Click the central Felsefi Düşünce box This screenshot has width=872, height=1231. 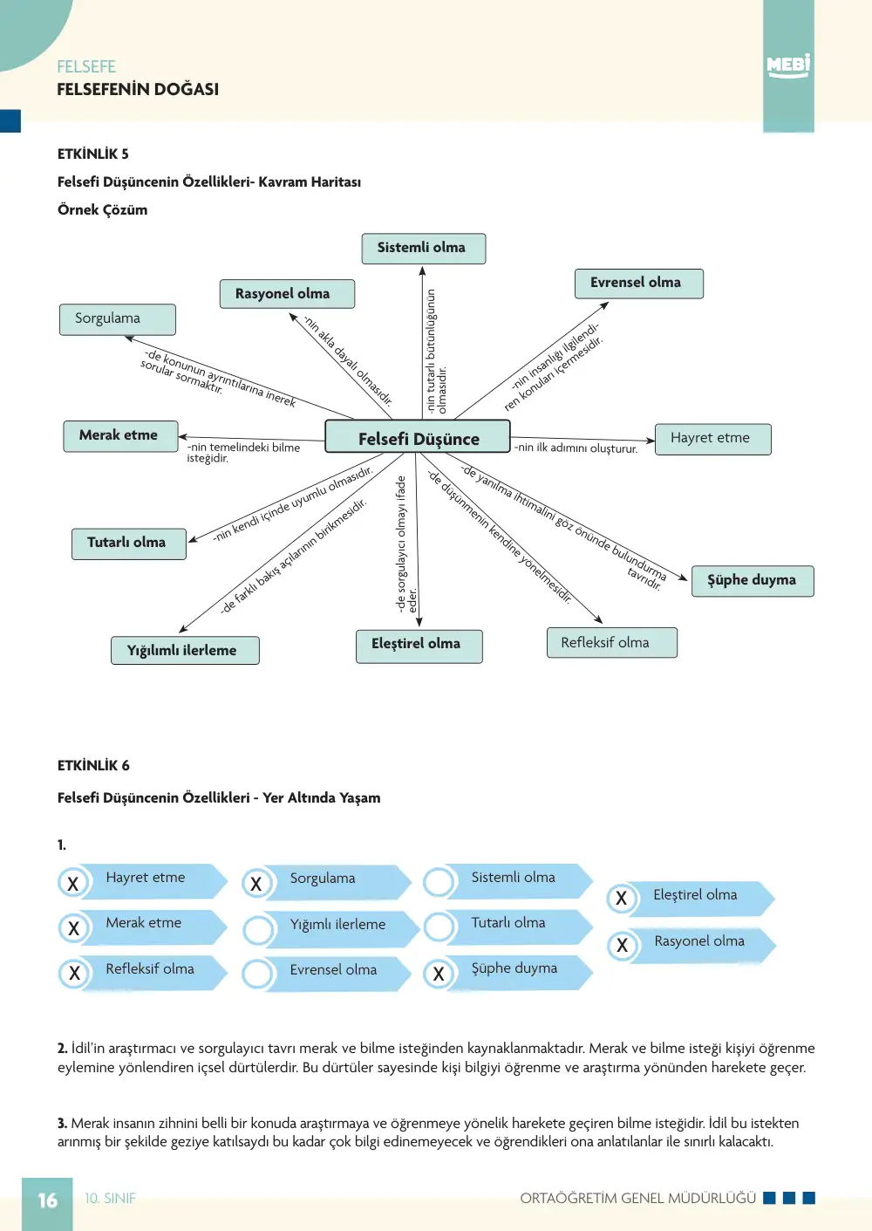pos(418,436)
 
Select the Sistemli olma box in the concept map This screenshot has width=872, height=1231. pos(424,249)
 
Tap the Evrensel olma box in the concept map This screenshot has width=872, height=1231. pos(639,284)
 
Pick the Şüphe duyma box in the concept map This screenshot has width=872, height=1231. pos(753,581)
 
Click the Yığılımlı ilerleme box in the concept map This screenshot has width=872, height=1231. pos(185,651)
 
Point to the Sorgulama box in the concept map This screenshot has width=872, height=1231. pos(118,319)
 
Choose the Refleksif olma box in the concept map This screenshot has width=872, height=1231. pos(612,642)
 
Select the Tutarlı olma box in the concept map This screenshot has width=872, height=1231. pos(129,544)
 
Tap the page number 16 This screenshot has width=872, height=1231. pos(48,1200)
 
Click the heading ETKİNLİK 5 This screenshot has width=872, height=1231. pos(92,154)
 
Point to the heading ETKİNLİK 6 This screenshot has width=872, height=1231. pos(93,765)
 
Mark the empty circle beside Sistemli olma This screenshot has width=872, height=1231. pos(439,882)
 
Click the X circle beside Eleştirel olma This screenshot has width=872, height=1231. pos(622,899)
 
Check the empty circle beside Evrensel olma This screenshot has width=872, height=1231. pos(257,974)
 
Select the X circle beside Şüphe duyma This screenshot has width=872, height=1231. pos(439,974)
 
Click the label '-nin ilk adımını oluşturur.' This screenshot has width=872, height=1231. pos(576,448)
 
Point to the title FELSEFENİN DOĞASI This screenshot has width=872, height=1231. pos(138,89)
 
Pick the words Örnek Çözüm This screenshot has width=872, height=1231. pos(103,210)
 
